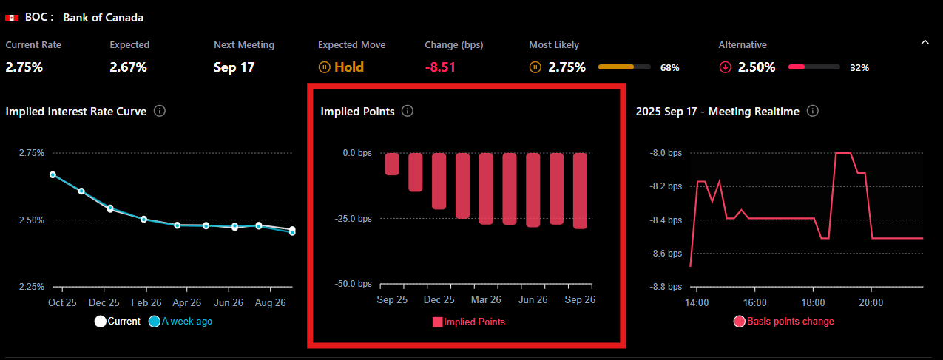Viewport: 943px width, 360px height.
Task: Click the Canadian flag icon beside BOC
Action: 12,17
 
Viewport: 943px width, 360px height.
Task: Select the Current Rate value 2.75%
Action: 24,67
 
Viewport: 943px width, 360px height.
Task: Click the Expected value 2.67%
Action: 128,67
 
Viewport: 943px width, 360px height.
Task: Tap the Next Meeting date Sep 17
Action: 234,67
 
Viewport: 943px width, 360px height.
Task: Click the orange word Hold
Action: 349,67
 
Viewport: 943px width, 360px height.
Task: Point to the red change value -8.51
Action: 440,67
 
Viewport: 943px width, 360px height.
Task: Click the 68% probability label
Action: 669,68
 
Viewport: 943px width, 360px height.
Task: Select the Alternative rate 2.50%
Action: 756,67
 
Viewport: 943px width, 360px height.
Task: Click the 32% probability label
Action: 859,68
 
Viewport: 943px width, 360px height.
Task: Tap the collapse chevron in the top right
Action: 925,43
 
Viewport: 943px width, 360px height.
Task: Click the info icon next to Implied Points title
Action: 408,111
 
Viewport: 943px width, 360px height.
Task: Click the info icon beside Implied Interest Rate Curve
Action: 159,111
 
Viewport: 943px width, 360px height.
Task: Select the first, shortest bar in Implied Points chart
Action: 392,163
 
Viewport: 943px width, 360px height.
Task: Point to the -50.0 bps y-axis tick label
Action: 352,284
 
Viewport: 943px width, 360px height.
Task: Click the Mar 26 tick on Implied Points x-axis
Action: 486,299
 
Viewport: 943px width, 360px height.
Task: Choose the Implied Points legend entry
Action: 468,322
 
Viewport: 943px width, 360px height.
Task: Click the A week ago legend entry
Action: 180,322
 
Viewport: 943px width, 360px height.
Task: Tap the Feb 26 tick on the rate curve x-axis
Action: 146,303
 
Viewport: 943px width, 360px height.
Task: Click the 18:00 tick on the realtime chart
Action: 813,302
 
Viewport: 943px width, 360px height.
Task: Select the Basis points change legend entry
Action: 783,322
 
